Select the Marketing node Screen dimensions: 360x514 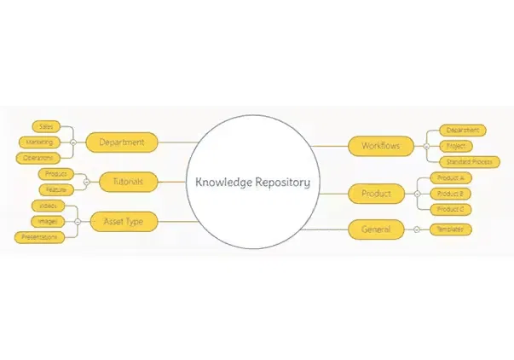coord(39,142)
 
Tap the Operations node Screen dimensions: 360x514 coord(39,158)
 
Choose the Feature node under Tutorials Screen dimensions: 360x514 coord(56,189)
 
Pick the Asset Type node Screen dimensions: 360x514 coord(123,221)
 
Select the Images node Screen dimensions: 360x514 coord(48,221)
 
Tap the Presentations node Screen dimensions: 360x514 coord(39,236)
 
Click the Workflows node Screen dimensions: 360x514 coord(380,146)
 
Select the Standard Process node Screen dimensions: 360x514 coord(470,162)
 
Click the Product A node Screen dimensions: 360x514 coord(449,177)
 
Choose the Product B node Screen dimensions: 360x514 coord(449,194)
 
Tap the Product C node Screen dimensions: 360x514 coord(449,209)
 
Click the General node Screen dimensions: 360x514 coord(376,229)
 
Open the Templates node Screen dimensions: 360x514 coord(450,229)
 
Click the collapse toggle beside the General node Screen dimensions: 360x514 coord(416,229)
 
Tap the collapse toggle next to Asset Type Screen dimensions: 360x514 coord(78,221)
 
